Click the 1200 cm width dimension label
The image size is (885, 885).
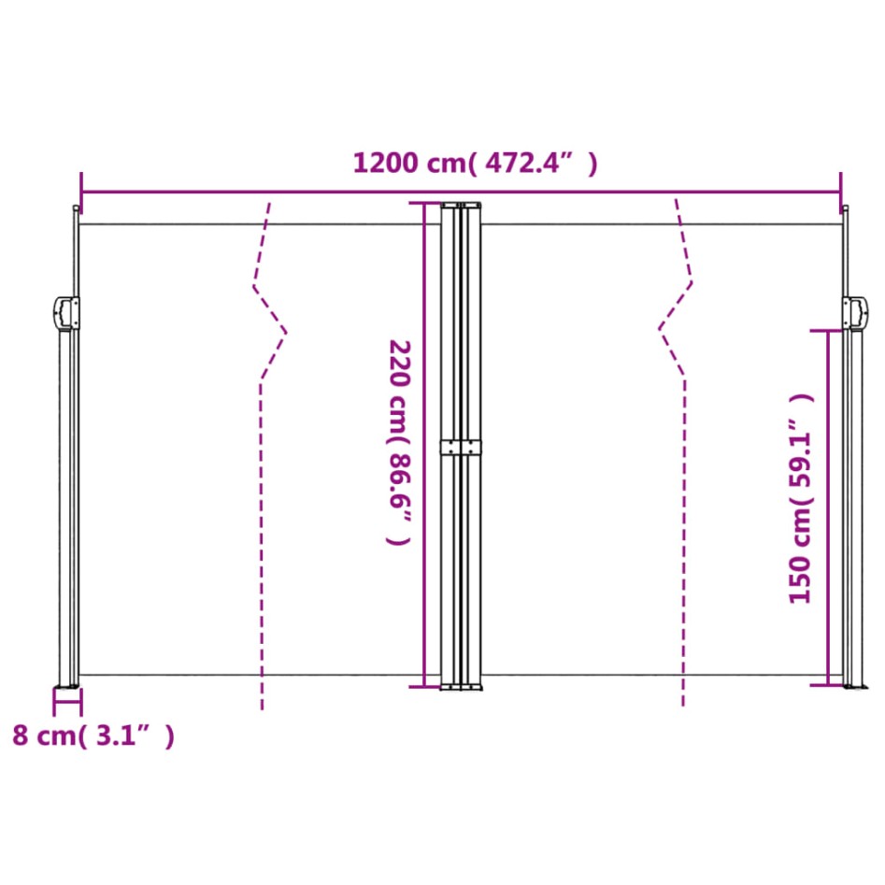click(474, 164)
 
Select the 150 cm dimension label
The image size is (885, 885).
click(802, 498)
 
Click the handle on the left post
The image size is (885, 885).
click(66, 313)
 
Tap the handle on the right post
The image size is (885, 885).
click(854, 313)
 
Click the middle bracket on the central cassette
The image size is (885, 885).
click(462, 447)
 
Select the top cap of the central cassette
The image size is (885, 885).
click(462, 205)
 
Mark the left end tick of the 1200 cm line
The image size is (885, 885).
click(82, 184)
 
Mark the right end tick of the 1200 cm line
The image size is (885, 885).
click(840, 184)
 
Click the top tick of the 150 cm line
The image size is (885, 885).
click(827, 331)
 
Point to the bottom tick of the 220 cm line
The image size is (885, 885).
click(425, 686)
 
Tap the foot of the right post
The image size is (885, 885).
click(851, 687)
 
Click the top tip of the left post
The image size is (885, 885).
click(76, 207)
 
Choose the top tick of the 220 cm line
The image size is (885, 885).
click(425, 203)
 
